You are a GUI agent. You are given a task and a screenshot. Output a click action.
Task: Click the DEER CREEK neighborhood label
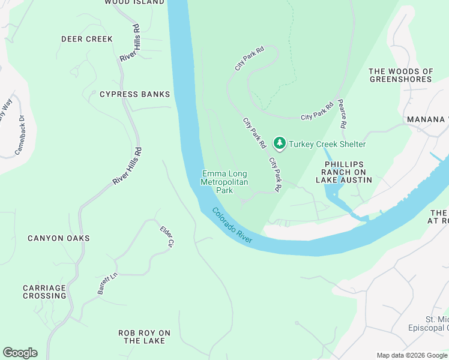pyautogui.click(x=87, y=39)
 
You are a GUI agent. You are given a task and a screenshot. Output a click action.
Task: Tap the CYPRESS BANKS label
pyautogui.click(x=134, y=94)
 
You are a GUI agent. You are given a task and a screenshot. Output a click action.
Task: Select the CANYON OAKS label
pyautogui.click(x=59, y=238)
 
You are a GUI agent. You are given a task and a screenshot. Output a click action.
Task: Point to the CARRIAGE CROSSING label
pyautogui.click(x=44, y=292)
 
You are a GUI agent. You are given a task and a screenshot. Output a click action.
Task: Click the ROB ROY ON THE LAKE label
pyautogui.click(x=144, y=337)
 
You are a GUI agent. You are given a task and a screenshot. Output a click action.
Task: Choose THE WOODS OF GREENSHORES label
pyautogui.click(x=401, y=75)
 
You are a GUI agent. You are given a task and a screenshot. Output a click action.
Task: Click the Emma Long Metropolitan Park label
pyautogui.click(x=224, y=182)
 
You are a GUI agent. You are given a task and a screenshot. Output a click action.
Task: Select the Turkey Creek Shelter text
pyautogui.click(x=327, y=144)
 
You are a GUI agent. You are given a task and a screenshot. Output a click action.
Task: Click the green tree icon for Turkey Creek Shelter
pyautogui.click(x=279, y=143)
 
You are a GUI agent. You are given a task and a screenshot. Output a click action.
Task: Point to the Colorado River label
pyautogui.click(x=232, y=225)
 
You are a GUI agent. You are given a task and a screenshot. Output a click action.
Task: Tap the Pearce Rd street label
pyautogui.click(x=342, y=114)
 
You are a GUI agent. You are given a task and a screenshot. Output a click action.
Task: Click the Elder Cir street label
pyautogui.click(x=166, y=236)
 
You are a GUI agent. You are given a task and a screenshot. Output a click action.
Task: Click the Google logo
pyautogui.click(x=20, y=353)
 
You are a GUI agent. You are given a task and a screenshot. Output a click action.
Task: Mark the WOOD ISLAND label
pyautogui.click(x=134, y=2)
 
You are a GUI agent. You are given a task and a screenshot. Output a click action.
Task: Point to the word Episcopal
pyautogui.click(x=430, y=328)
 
